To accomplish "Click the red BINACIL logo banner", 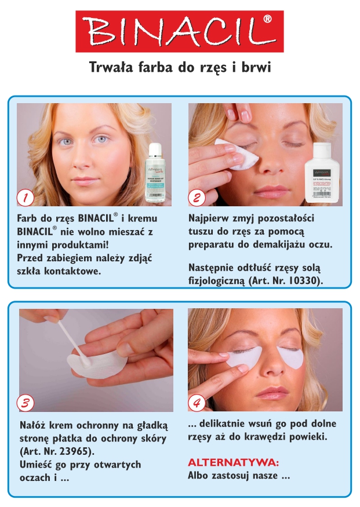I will tap(180, 31).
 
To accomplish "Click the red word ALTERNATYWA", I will tap(233, 462).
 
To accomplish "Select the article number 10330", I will tap(301, 280).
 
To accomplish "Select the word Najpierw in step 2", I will tap(211, 218).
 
